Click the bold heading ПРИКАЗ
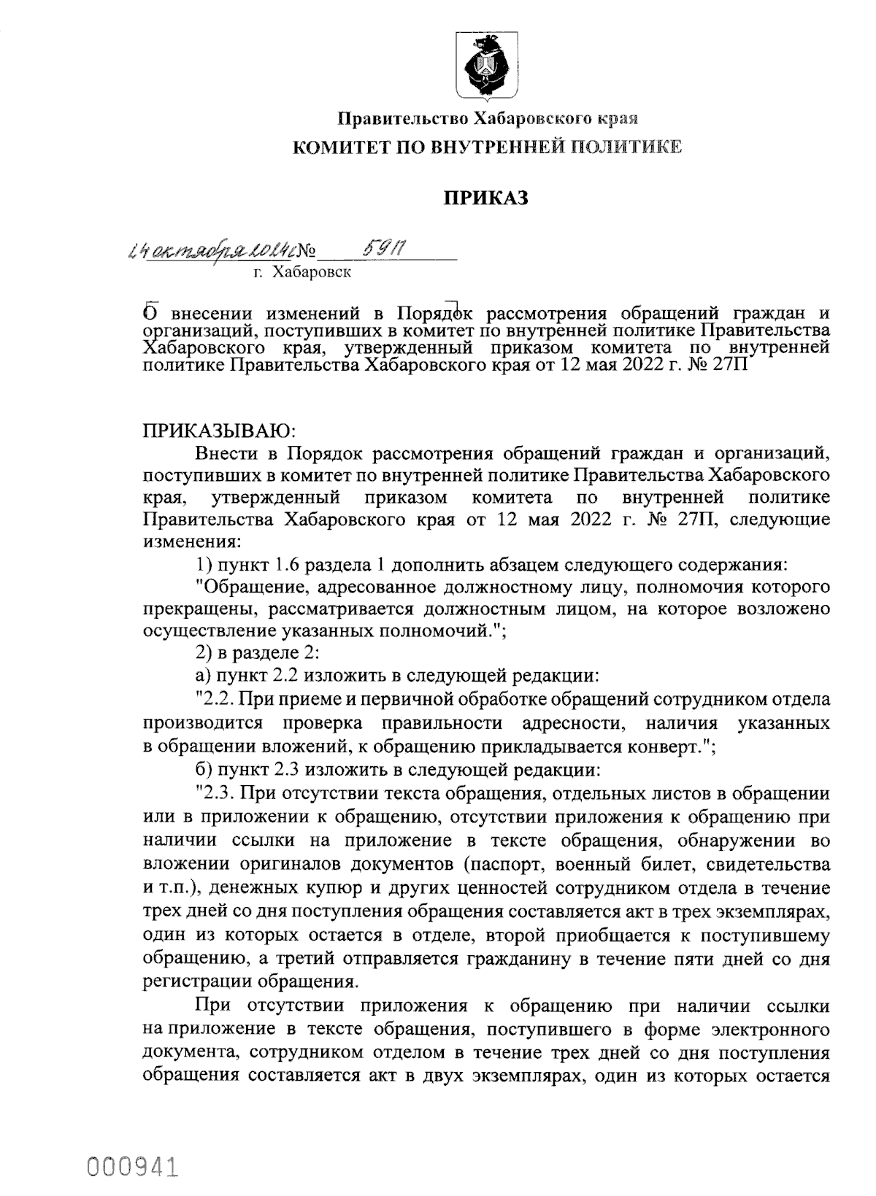coord(486,198)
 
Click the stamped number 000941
coord(134,1165)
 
